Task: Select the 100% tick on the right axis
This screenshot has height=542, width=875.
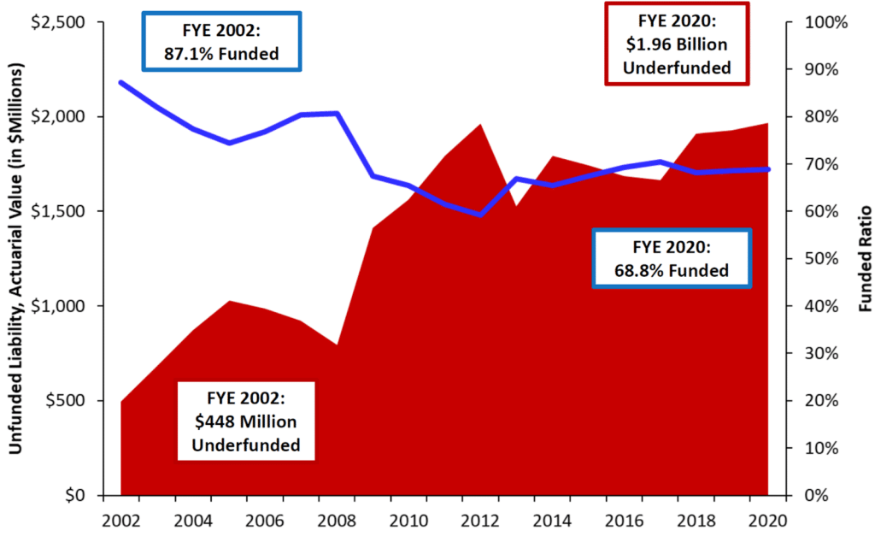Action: pyautogui.click(x=825, y=22)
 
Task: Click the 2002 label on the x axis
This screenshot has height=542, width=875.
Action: pyautogui.click(x=120, y=520)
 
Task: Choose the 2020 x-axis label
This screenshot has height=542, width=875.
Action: pyautogui.click(x=767, y=520)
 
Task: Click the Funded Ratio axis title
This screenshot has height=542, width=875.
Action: pyautogui.click(x=864, y=258)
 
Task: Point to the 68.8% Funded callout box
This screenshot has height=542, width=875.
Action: pyautogui.click(x=671, y=258)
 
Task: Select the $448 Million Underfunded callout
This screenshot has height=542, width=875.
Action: pyautogui.click(x=245, y=421)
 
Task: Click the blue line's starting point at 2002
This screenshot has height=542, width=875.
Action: pyautogui.click(x=120, y=83)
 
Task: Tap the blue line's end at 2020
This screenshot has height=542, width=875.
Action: pyautogui.click(x=767, y=169)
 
